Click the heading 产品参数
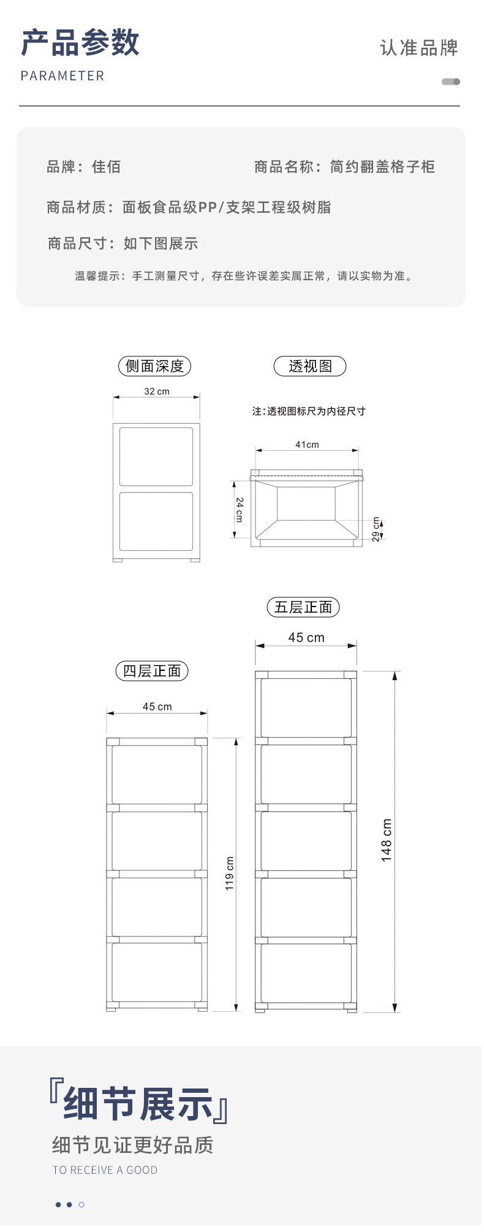pyautogui.click(x=80, y=43)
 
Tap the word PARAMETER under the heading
pyautogui.click(x=62, y=76)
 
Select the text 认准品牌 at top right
pyautogui.click(x=419, y=48)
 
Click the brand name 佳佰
pyautogui.click(x=107, y=167)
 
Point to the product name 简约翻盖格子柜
pyautogui.click(x=382, y=167)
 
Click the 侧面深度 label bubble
pyautogui.click(x=154, y=366)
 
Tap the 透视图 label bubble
pyautogui.click(x=310, y=366)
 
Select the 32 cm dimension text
pyautogui.click(x=157, y=391)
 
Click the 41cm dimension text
pyautogui.click(x=307, y=445)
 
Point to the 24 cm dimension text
pyautogui.click(x=240, y=510)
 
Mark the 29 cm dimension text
pyautogui.click(x=376, y=529)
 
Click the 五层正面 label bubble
pyautogui.click(x=303, y=607)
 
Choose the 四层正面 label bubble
pyautogui.click(x=152, y=671)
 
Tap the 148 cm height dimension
pyautogui.click(x=386, y=840)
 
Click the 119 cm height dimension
pyautogui.click(x=229, y=873)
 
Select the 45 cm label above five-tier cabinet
pyautogui.click(x=306, y=638)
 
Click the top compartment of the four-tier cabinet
pyautogui.click(x=157, y=775)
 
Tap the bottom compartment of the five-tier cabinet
pyautogui.click(x=306, y=973)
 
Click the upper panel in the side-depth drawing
pyautogui.click(x=156, y=457)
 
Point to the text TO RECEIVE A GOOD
pyautogui.click(x=105, y=1170)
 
